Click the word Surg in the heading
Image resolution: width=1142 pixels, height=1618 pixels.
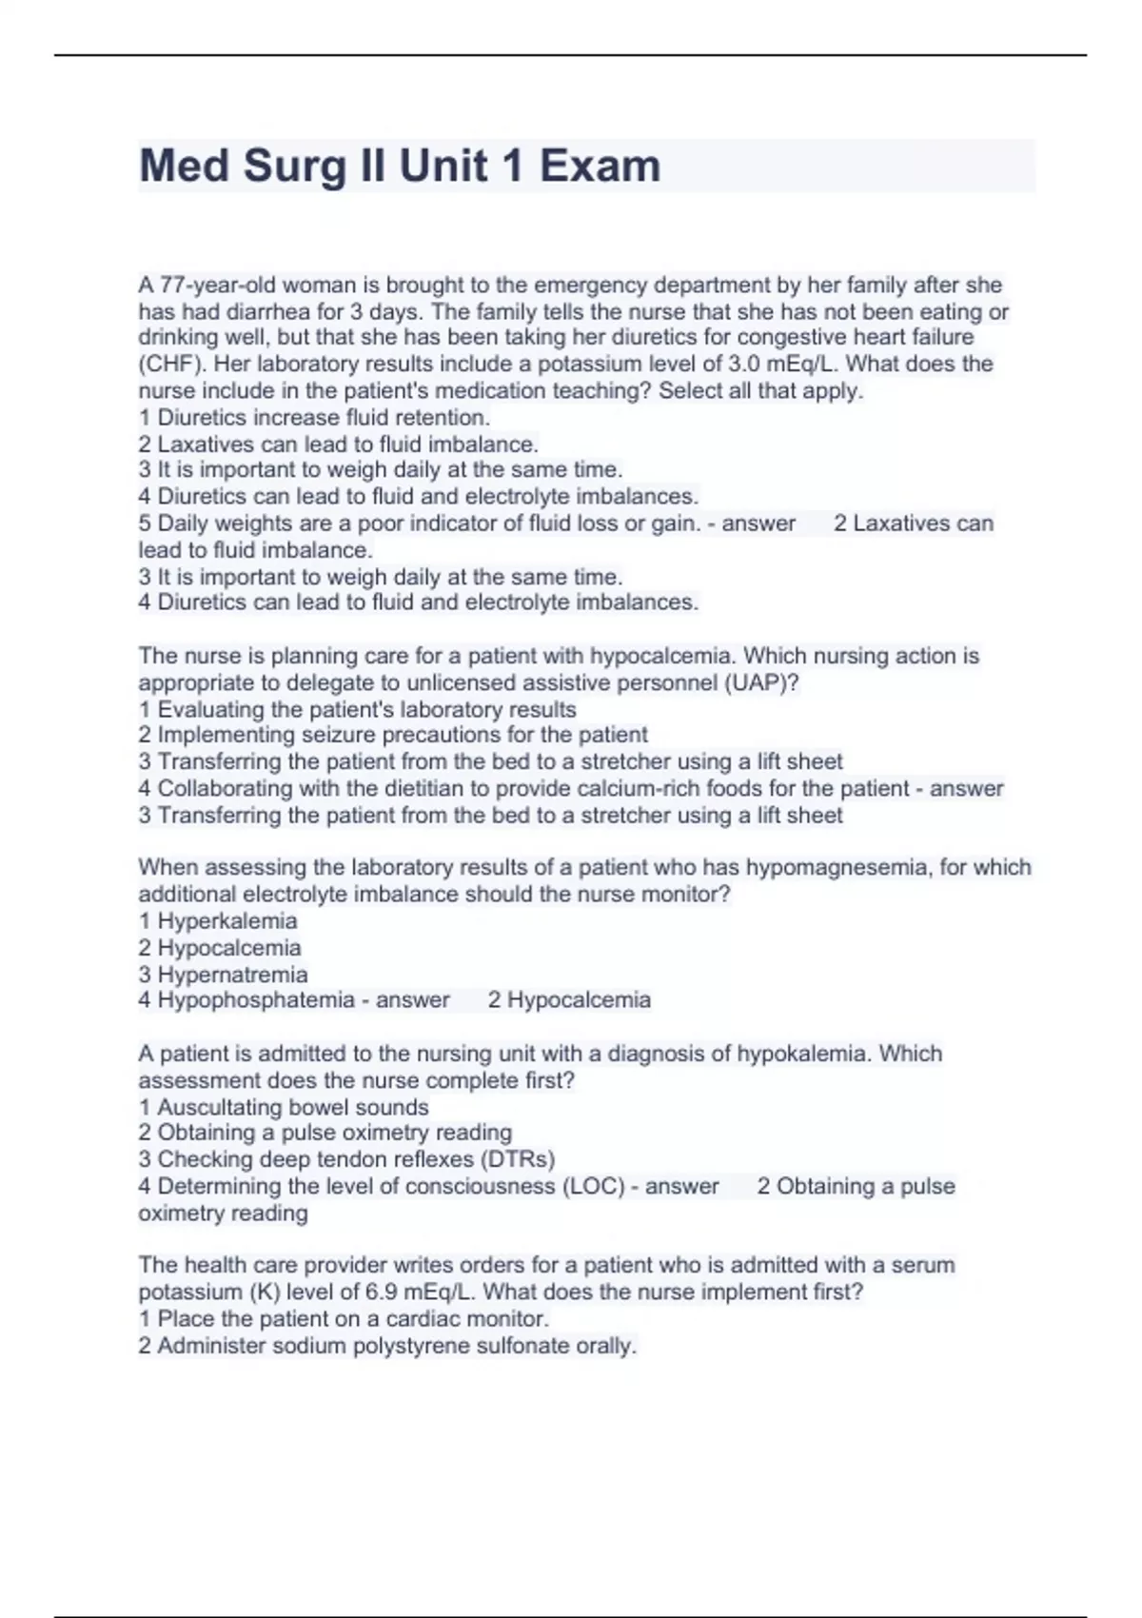pos(294,167)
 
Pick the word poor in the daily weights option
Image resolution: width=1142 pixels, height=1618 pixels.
pos(381,523)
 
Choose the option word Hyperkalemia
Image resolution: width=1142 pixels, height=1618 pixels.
pos(226,920)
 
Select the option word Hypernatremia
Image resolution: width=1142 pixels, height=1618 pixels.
pos(232,975)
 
